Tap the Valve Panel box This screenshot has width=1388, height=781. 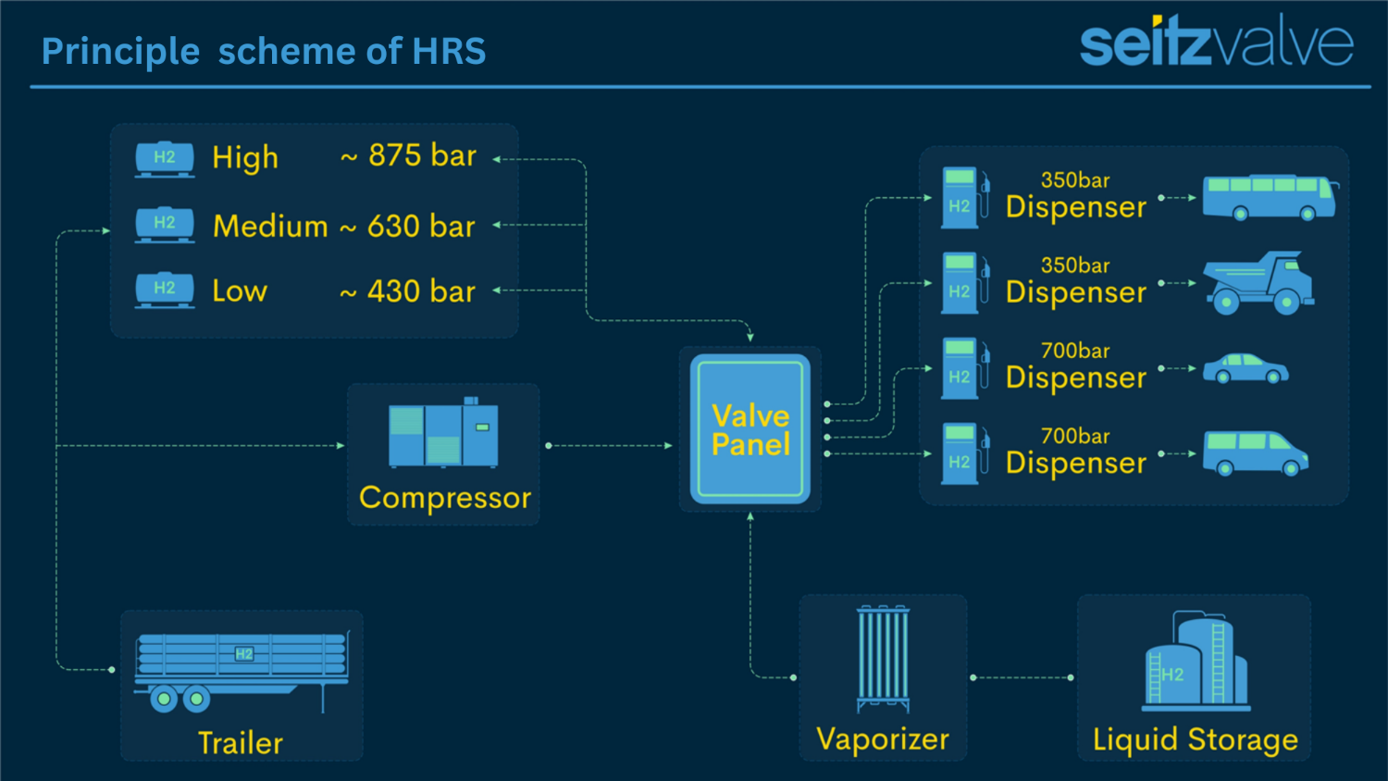(750, 429)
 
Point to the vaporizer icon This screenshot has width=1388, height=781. (884, 658)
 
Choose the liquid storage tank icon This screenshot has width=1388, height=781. (1196, 662)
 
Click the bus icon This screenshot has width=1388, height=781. (1270, 197)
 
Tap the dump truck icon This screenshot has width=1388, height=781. (1259, 282)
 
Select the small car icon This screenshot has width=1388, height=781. (1245, 368)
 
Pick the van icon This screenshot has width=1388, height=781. (1255, 453)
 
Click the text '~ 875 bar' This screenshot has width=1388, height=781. (408, 155)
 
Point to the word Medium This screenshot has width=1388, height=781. (270, 226)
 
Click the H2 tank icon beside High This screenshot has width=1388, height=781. (165, 158)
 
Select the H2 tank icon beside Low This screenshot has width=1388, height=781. (165, 290)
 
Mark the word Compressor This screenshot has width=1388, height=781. (444, 498)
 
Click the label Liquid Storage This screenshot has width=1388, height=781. (1195, 739)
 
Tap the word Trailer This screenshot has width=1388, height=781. (241, 743)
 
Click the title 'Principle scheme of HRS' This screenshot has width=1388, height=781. (264, 51)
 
